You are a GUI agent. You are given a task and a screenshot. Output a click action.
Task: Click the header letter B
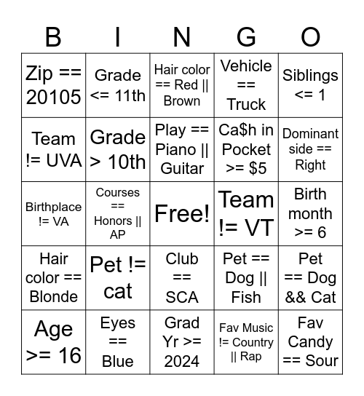53,36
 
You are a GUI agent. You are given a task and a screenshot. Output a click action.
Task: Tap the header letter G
246,36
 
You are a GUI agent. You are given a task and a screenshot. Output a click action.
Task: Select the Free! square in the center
182,213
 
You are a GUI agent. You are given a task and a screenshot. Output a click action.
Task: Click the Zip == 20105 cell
53,85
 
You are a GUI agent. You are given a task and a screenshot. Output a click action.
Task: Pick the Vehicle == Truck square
246,85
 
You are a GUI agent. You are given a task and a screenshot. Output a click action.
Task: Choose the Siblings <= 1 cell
310,85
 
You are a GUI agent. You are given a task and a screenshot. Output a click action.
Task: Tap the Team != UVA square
53,149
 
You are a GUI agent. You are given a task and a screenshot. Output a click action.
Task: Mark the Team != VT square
246,213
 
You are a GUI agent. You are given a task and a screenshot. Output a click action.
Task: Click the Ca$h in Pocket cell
246,149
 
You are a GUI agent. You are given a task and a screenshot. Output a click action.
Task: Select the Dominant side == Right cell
310,149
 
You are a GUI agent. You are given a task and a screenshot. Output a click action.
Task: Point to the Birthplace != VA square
53,213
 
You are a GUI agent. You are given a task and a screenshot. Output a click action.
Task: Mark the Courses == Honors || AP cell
118,213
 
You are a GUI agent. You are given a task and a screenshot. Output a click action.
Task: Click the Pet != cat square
118,277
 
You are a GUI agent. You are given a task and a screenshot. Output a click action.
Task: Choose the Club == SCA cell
182,277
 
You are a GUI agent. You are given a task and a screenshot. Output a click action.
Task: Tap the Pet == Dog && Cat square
310,277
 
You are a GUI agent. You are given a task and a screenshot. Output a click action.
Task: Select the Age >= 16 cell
53,342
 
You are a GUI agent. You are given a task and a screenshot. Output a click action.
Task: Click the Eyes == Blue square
118,342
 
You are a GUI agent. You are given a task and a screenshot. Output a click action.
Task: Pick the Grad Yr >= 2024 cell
182,342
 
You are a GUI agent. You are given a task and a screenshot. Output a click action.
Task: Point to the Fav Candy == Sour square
310,342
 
